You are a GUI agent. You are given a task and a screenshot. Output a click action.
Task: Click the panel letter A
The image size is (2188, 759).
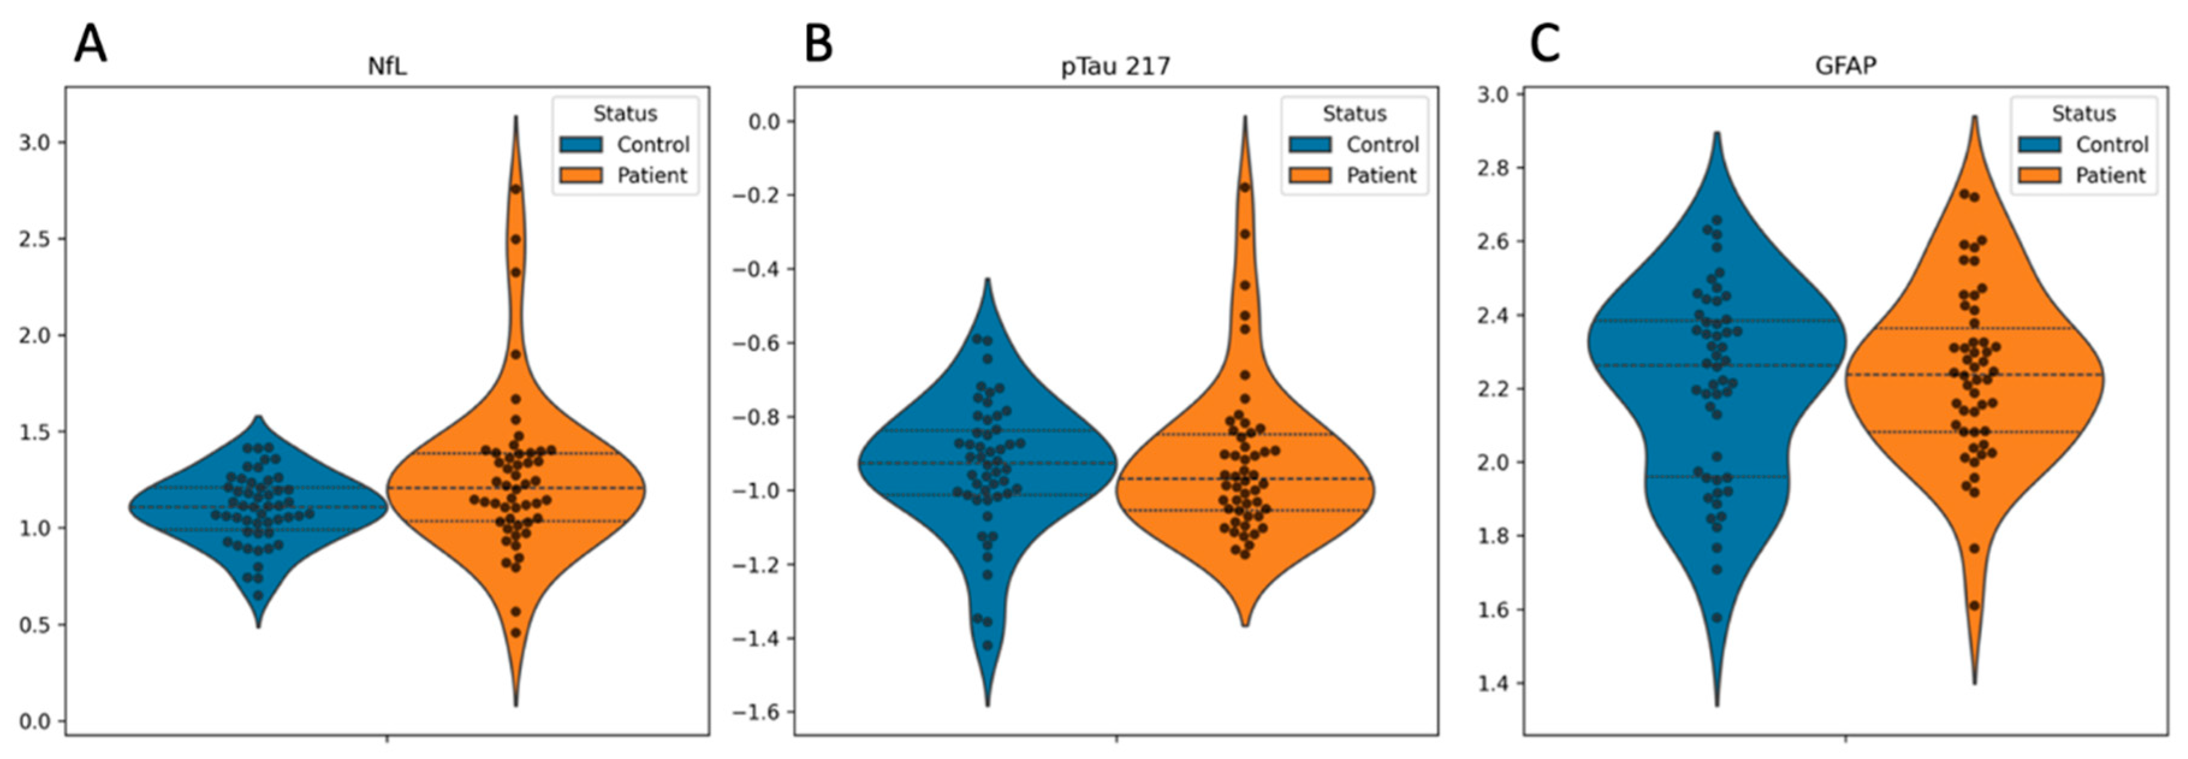[x=91, y=44]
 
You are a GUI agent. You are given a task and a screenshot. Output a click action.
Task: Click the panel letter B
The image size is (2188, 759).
[x=819, y=44]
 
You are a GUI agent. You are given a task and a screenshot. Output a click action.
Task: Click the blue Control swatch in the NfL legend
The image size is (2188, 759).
[x=581, y=144]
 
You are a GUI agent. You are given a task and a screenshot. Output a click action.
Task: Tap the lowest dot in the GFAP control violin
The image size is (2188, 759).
[x=1717, y=618]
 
